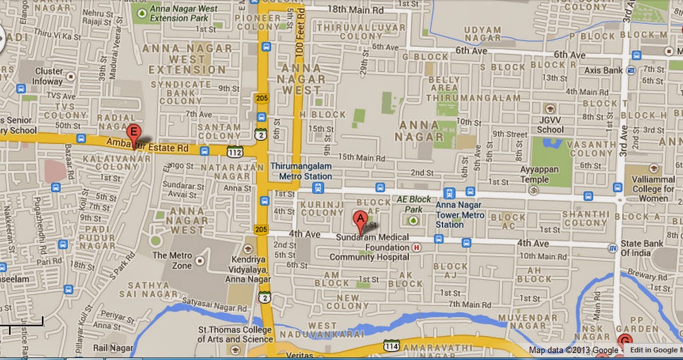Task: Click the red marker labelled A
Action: point(360,221)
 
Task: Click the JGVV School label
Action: point(549,125)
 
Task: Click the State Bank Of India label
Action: point(639,248)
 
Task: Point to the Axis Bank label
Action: point(604,71)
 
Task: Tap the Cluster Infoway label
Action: point(49,76)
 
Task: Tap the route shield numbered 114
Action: point(390,345)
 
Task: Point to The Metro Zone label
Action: point(172,260)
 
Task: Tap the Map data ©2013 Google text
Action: point(574,350)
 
